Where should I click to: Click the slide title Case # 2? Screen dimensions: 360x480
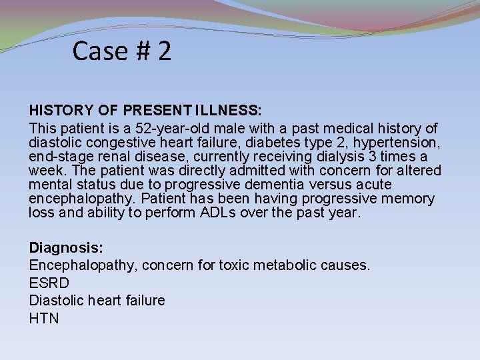pyautogui.click(x=122, y=51)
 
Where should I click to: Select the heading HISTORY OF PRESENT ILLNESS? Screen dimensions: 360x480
pyautogui.click(x=145, y=110)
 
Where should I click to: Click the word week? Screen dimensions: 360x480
pyautogui.click(x=46, y=171)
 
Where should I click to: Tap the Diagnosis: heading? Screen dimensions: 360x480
pyautogui.click(x=66, y=248)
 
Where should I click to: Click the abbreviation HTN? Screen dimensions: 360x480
pyautogui.click(x=44, y=319)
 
